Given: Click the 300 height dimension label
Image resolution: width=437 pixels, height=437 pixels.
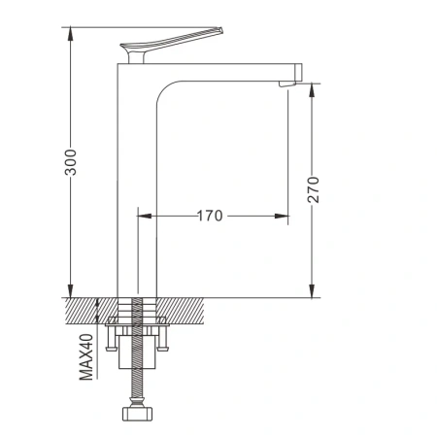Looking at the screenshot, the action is click(x=71, y=162).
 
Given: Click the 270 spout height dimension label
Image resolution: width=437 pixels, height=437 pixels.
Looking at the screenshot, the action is click(x=313, y=189).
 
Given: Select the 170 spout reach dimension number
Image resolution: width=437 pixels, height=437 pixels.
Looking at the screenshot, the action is click(x=210, y=216).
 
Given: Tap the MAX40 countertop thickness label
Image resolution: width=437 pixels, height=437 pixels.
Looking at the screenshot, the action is click(x=86, y=357).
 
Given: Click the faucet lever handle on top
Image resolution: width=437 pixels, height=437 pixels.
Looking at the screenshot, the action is click(x=172, y=44).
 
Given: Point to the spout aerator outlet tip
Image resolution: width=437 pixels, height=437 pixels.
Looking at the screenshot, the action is click(x=287, y=84).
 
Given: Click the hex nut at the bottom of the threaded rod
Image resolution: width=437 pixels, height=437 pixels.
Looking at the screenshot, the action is click(x=138, y=414).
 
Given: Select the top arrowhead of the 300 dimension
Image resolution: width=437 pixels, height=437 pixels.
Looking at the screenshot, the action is click(x=70, y=34).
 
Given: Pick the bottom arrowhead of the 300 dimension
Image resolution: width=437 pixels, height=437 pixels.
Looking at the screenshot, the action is click(x=70, y=290).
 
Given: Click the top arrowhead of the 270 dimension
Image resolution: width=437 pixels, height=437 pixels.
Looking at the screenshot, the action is click(x=312, y=90).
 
